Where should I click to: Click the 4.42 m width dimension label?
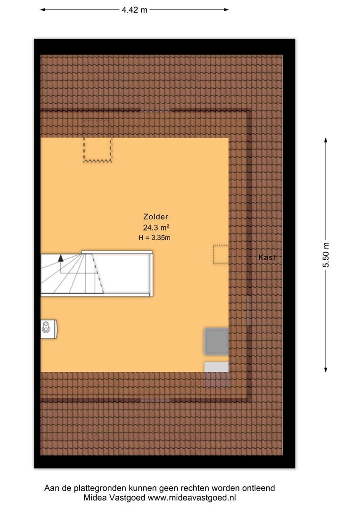point(134,10)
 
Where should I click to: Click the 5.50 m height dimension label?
point(326,255)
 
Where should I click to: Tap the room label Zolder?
point(156,216)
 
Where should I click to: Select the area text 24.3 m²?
point(156,227)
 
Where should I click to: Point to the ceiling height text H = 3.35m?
point(155,238)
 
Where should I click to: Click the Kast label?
point(267,257)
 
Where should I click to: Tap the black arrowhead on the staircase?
point(61,258)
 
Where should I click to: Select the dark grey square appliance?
point(217,341)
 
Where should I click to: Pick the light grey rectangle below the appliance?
point(217,367)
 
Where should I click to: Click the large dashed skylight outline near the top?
point(98,140)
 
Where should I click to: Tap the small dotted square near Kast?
point(221,254)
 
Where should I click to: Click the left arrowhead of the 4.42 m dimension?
point(42,10)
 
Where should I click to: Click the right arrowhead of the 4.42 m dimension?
point(226,10)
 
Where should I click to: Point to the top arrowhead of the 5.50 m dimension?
point(326,140)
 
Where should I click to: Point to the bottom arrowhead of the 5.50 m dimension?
point(326,369)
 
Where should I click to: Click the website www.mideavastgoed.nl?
point(191,498)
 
